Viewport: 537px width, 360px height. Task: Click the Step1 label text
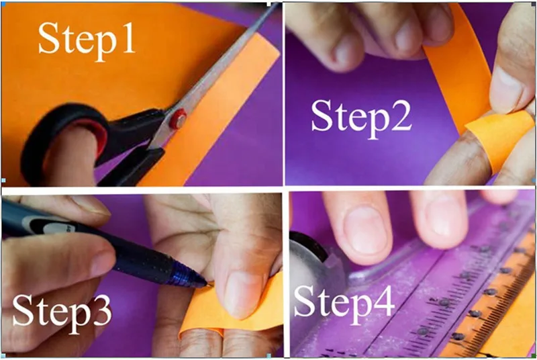[x=87, y=40]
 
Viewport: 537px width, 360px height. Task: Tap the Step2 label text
[x=361, y=117]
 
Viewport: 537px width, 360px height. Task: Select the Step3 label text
[x=62, y=313]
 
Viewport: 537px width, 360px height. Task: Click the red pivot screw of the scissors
[x=178, y=119]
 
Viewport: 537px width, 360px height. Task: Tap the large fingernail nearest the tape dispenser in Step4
[x=366, y=230]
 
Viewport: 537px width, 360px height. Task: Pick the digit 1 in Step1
[x=128, y=38]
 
